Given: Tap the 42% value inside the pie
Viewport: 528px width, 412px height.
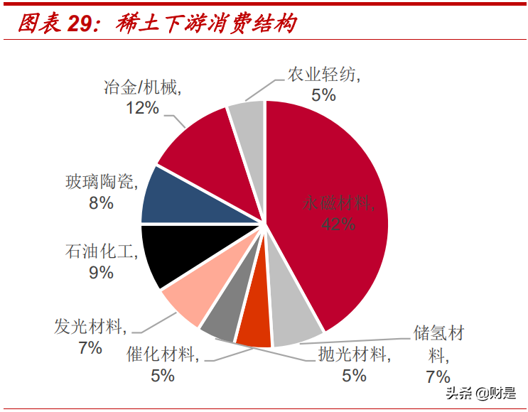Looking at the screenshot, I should [338, 224].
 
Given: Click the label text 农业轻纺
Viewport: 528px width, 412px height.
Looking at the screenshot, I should [323, 75].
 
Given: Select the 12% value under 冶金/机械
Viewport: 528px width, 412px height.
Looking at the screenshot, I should [142, 108].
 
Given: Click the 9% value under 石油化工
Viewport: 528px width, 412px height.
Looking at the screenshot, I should [102, 272].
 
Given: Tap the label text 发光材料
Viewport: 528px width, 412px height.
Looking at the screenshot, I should [90, 327].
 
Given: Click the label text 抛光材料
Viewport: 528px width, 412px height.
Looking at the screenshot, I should [353, 354].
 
